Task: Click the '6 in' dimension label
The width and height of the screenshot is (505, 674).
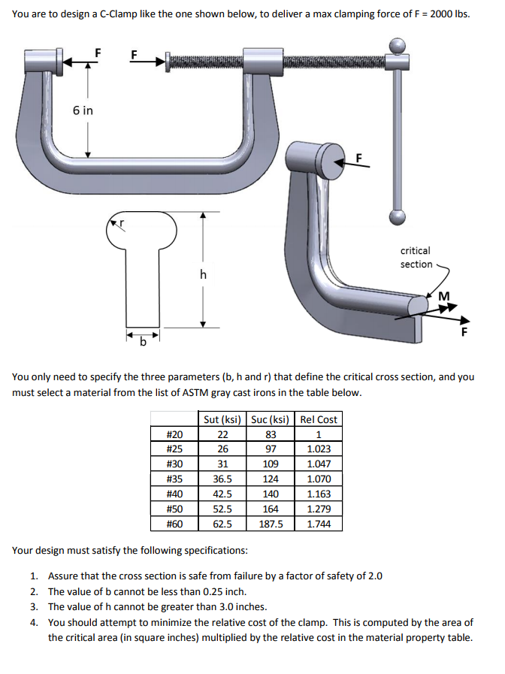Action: tap(83, 110)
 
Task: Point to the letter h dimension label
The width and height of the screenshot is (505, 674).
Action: tap(202, 275)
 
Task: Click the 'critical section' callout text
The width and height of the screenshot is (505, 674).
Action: tap(416, 257)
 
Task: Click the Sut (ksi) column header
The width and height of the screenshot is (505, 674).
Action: tap(222, 419)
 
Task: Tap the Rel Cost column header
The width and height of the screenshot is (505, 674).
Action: tap(319, 419)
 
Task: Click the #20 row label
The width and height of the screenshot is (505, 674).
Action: tap(174, 434)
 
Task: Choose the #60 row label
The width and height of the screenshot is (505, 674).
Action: tap(174, 524)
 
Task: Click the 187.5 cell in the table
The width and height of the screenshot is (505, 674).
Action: tap(271, 524)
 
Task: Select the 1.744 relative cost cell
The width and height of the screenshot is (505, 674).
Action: tap(319, 524)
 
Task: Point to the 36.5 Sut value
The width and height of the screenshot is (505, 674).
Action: tap(222, 479)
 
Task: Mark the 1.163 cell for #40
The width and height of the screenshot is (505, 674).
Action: tap(319, 494)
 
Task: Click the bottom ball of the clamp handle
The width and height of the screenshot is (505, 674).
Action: tap(398, 217)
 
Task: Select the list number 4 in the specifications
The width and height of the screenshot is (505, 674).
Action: tap(35, 622)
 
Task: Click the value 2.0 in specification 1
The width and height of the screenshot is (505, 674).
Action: tap(373, 576)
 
